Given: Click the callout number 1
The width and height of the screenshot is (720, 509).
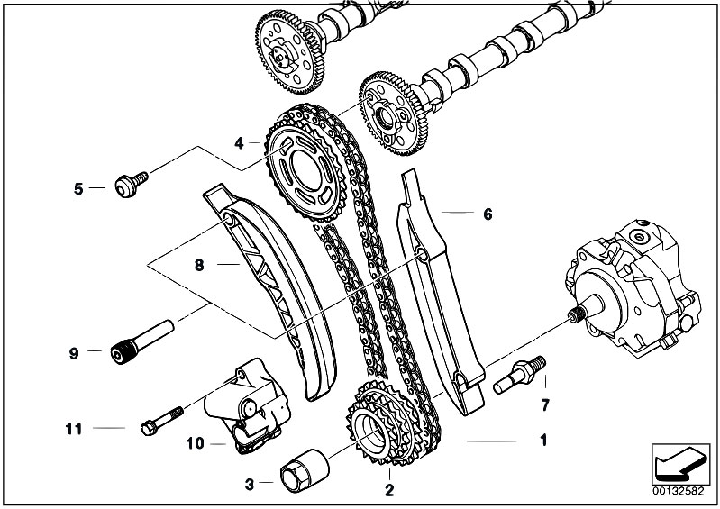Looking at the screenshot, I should coord(542,441).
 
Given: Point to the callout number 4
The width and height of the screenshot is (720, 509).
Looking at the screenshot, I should coord(239,142).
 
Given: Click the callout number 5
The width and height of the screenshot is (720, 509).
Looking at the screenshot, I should coord(77,189).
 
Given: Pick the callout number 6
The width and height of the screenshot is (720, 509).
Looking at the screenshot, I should coord(488,214).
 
